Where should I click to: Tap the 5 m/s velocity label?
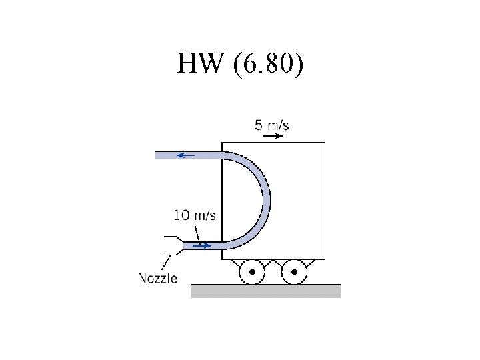(271, 125)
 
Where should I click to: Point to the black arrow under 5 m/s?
(273, 136)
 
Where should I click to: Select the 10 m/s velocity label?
(195, 215)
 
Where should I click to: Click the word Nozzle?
(157, 279)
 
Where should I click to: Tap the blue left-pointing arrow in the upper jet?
(186, 155)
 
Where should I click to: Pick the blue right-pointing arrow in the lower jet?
(202, 246)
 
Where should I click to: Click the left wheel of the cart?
(252, 272)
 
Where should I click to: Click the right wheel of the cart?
(294, 272)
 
